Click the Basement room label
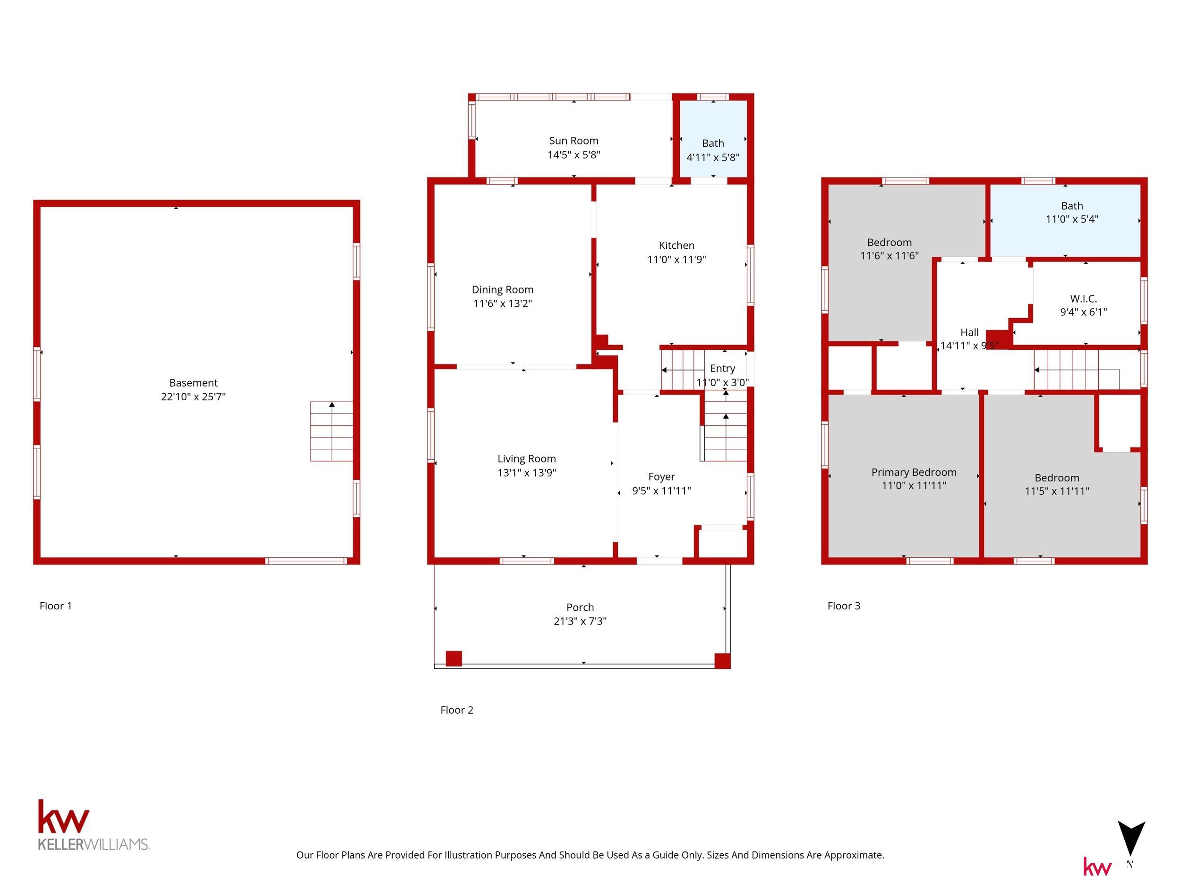[193, 383]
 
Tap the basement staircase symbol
[332, 431]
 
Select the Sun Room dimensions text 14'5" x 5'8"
[574, 155]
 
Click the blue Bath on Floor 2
[713, 139]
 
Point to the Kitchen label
[676, 245]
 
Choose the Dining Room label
[503, 290]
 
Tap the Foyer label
[661, 477]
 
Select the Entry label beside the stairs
[722, 369]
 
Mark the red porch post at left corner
[454, 658]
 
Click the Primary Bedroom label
[914, 472]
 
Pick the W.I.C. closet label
[1083, 299]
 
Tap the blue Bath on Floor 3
[1066, 220]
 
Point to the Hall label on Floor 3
[969, 332]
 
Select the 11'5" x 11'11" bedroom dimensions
[1057, 491]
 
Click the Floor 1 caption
[56, 606]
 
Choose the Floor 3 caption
[844, 606]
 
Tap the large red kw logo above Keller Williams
[63, 817]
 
